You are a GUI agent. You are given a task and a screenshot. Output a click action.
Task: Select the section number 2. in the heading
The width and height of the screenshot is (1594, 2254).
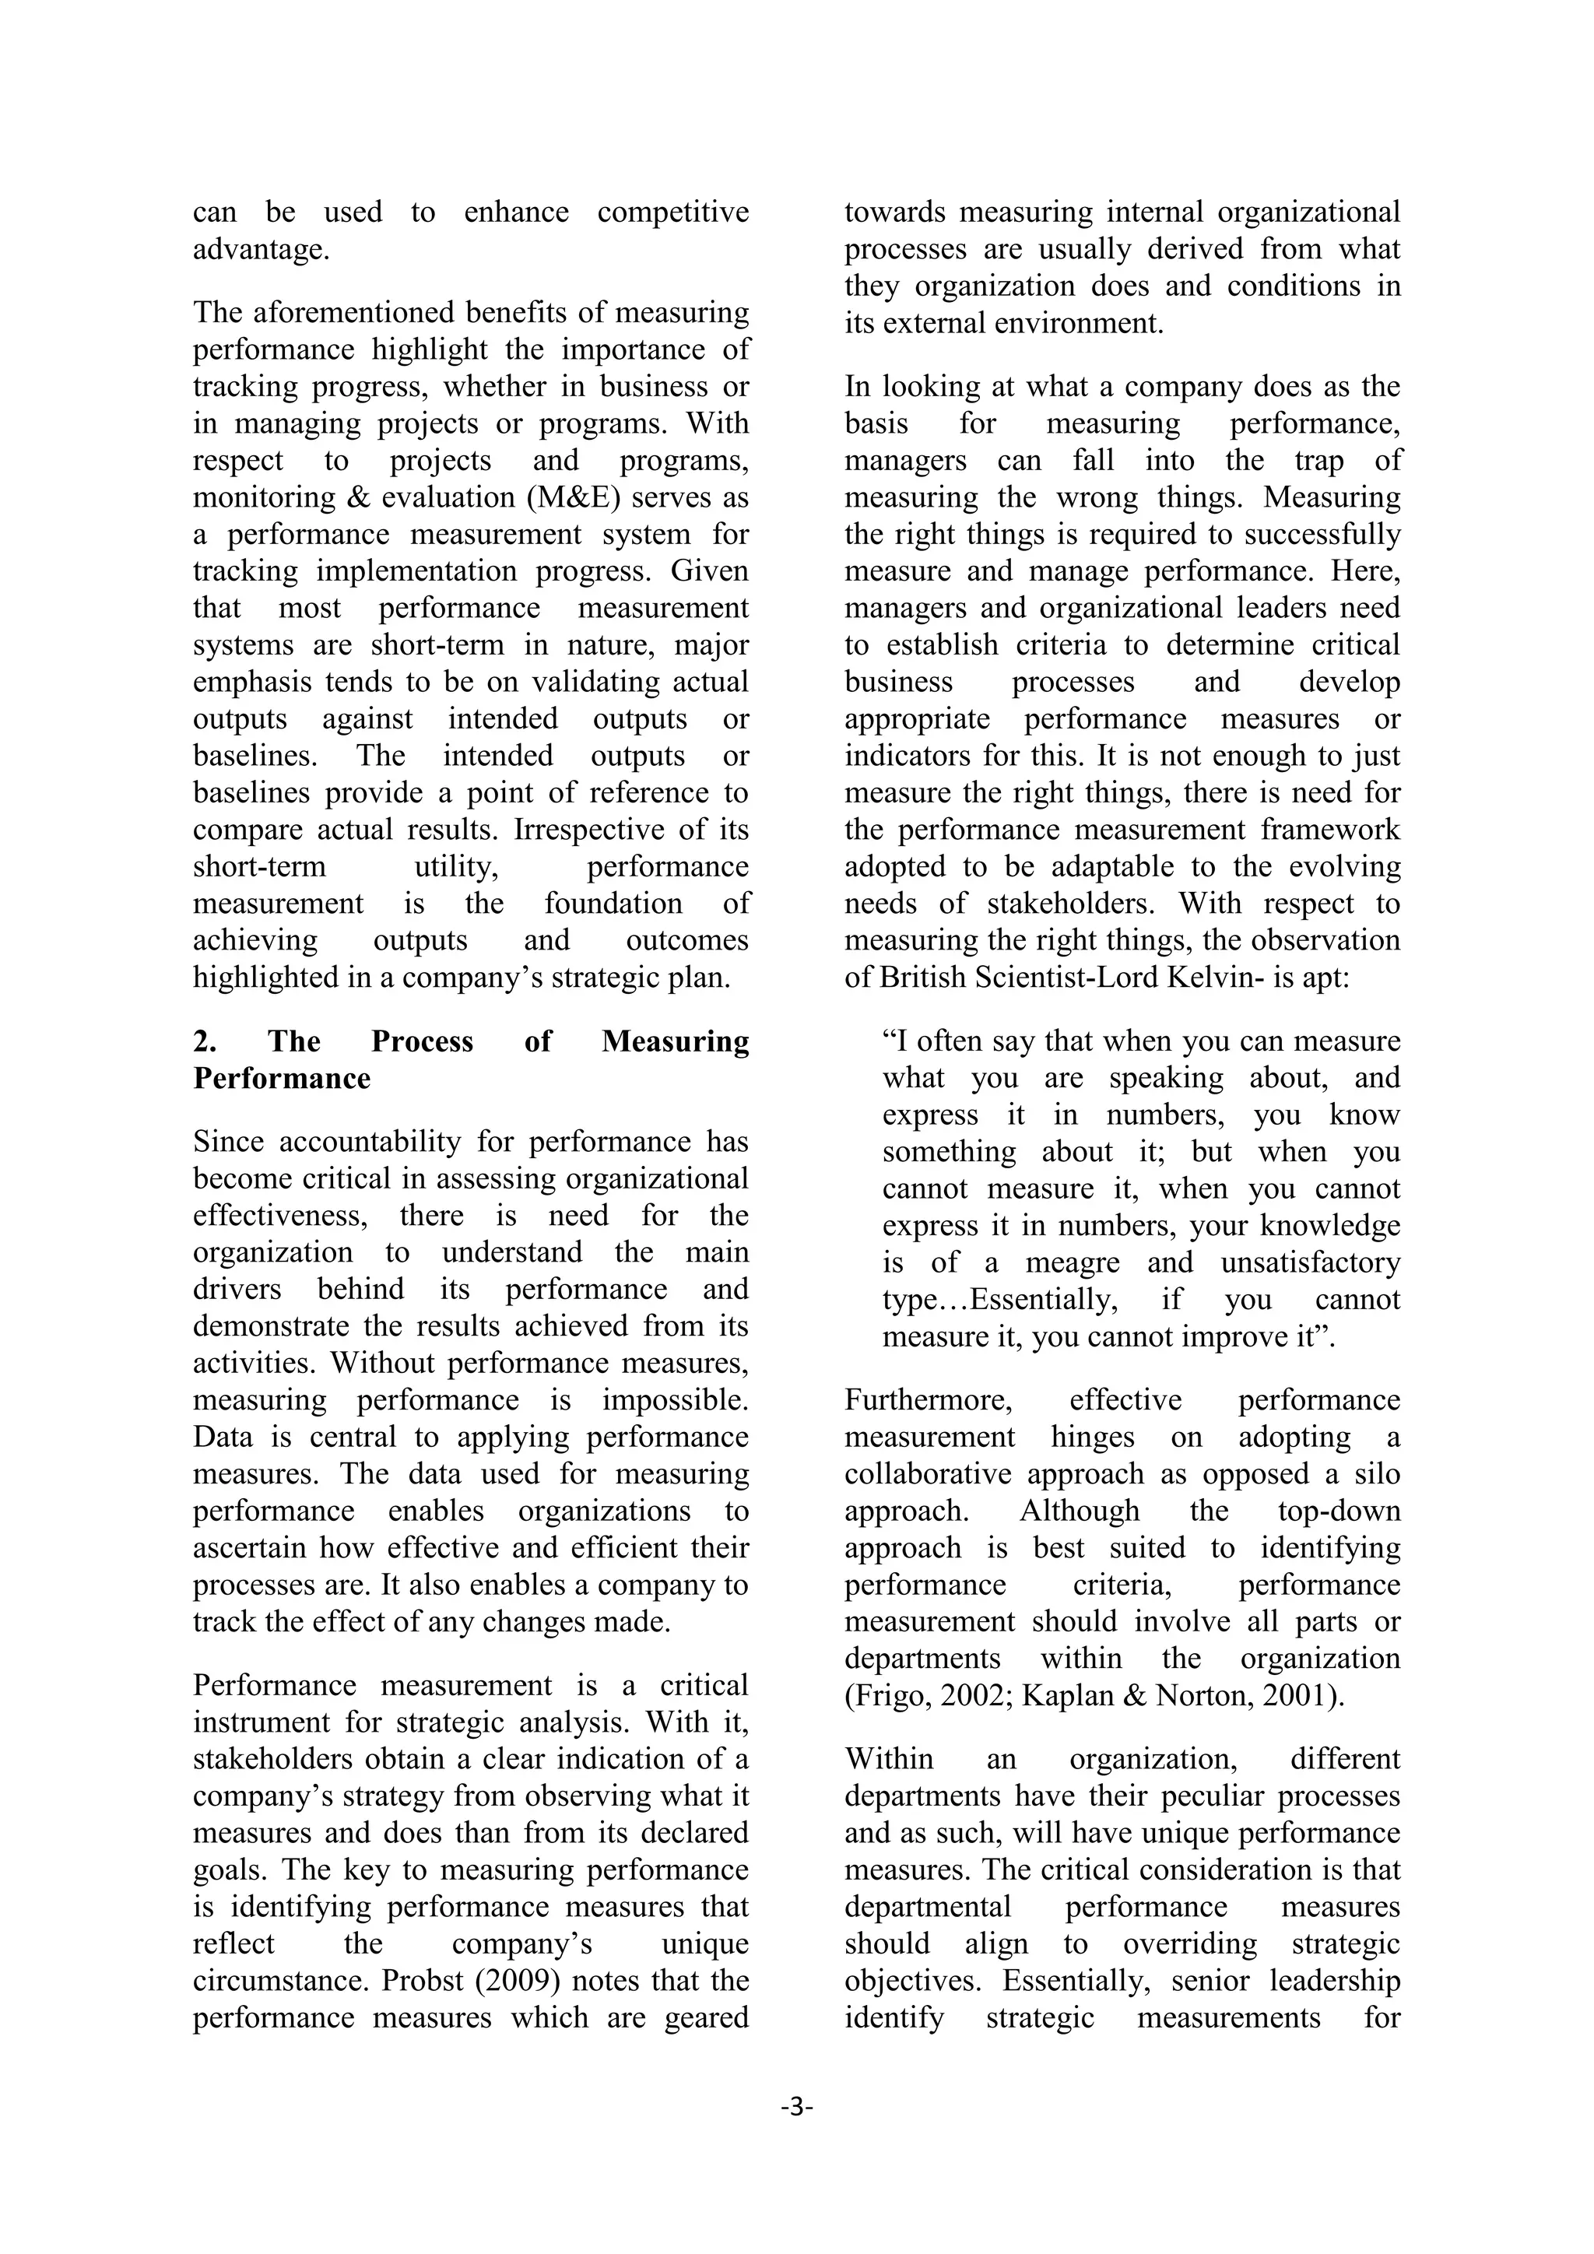(205, 1041)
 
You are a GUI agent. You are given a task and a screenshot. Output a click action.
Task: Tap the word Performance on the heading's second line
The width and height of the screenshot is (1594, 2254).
(282, 1079)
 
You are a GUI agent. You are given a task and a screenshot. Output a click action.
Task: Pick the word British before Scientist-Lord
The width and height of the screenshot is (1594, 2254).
(922, 978)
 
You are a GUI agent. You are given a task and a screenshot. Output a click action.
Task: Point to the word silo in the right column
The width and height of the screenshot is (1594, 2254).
(1376, 1475)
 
